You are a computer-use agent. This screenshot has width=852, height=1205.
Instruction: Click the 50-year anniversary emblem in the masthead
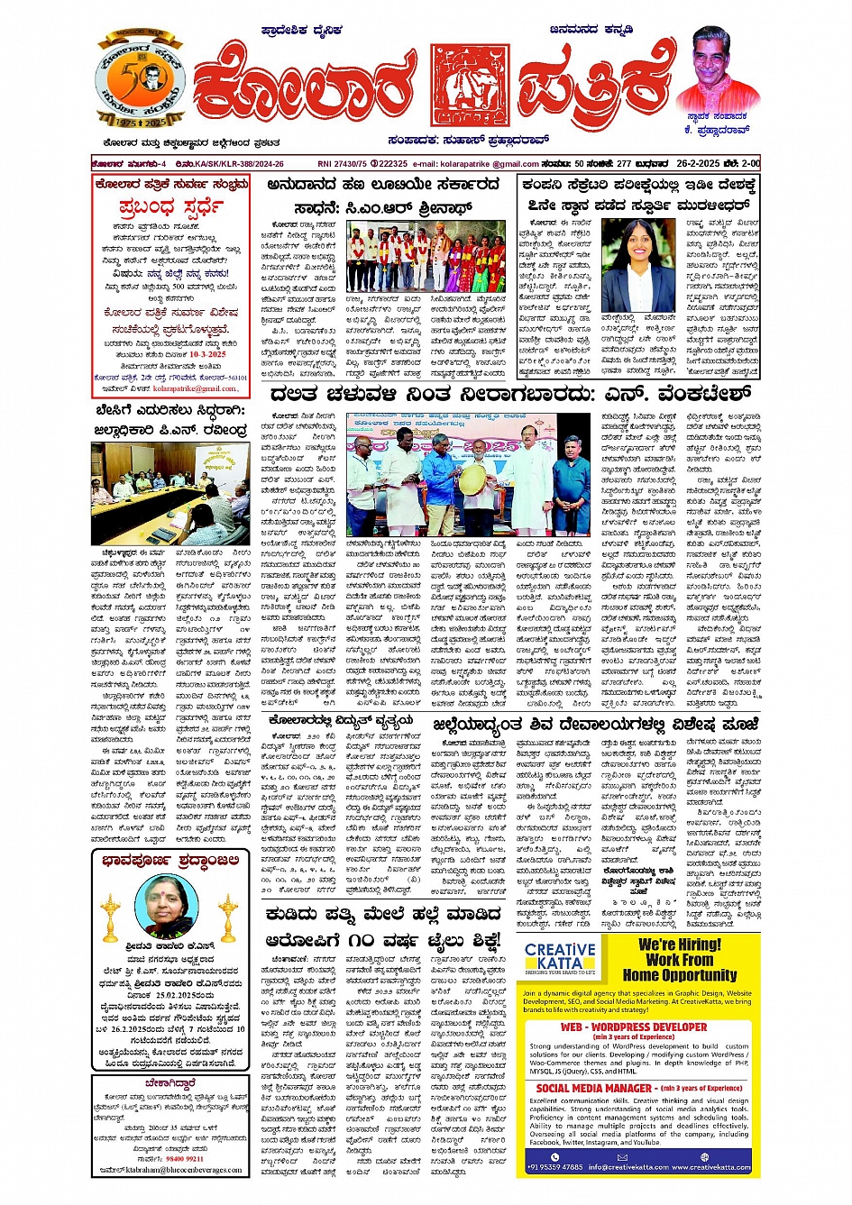pos(140,80)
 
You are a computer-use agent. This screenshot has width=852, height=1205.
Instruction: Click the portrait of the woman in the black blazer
pos(637,265)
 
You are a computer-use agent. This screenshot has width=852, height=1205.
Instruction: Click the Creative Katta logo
pos(560,957)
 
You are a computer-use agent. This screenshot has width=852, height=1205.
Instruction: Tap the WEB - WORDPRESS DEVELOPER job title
pos(634,1027)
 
